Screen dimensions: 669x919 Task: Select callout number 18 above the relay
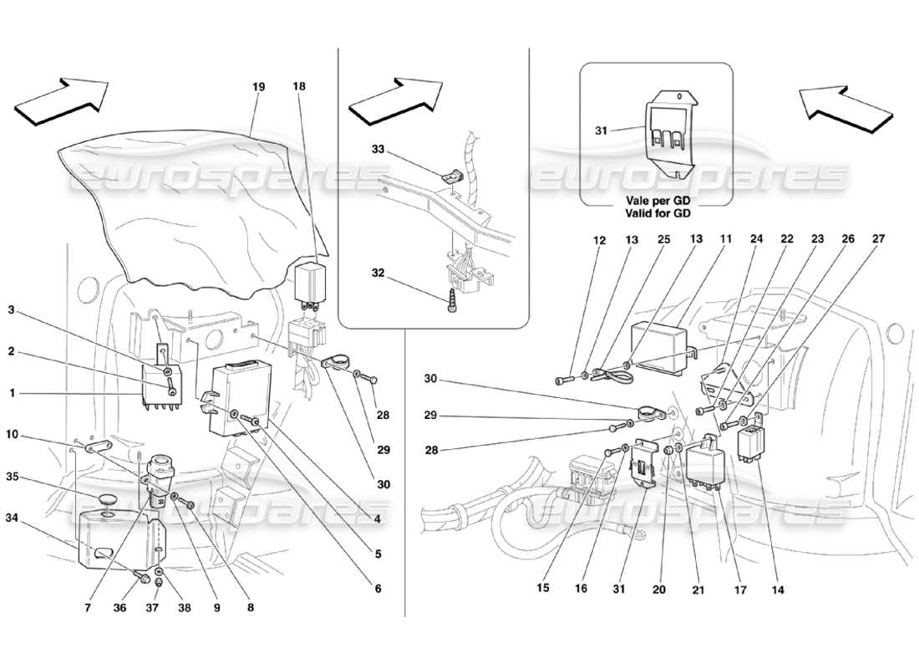[300, 85]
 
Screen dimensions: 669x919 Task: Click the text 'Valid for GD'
[656, 213]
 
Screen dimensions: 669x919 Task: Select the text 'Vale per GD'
[656, 202]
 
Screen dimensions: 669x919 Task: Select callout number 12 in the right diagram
[600, 239]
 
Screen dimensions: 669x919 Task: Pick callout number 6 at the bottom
[378, 589]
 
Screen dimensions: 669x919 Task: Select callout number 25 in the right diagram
[663, 239]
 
